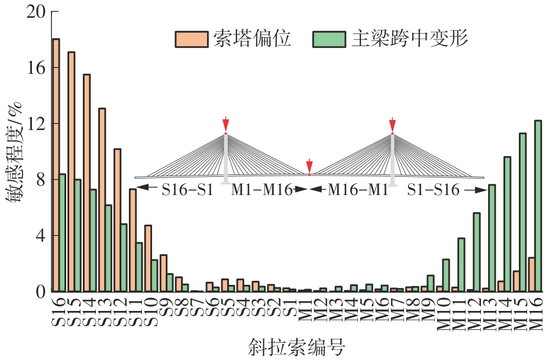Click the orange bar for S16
point(56,166)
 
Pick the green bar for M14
point(507,224)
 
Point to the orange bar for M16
point(531,274)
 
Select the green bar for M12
point(476,252)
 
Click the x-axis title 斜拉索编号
point(298,346)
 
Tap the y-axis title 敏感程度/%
point(14,152)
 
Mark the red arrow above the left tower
point(225,124)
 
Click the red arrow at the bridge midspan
point(309,166)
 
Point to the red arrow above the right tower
point(392,124)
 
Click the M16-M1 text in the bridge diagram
point(358,190)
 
